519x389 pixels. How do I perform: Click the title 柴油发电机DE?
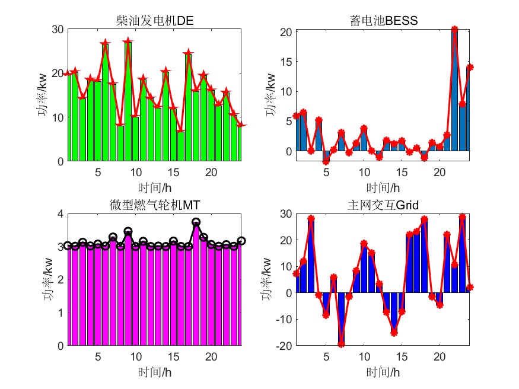pos(155,21)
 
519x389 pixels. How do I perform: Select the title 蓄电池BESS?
pos(384,21)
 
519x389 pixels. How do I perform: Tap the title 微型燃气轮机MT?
pos(155,205)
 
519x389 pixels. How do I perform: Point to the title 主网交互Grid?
pos(384,205)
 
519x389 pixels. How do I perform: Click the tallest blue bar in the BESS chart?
pos(455,89)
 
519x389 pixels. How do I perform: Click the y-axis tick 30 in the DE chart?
pos(58,29)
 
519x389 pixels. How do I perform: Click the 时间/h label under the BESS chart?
pos(384,188)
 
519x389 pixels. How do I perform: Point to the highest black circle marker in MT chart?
pos(196,222)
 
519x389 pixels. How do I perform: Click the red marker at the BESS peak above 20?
pos(455,29)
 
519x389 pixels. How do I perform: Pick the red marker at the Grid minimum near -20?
pos(342,344)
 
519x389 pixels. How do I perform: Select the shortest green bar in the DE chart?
pos(181,146)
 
